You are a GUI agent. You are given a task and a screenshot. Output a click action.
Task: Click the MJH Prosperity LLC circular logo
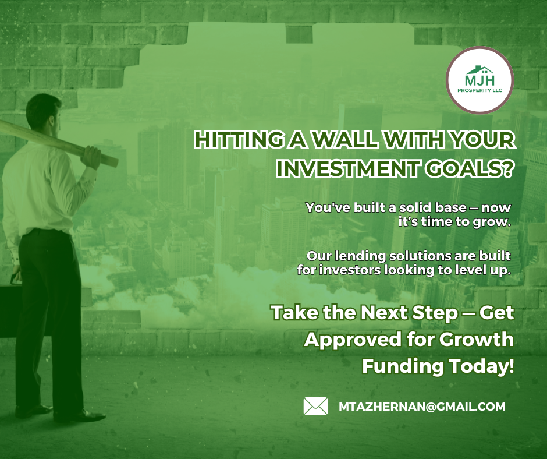coord(479,80)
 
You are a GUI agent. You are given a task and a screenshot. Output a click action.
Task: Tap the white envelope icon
coord(315,406)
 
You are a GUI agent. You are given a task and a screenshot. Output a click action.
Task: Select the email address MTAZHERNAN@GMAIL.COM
coord(422,407)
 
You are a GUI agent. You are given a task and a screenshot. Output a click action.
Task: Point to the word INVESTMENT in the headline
coord(347,169)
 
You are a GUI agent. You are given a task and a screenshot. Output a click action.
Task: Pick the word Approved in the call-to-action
coord(353,340)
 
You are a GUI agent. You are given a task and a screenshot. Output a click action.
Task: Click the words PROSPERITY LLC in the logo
coord(479,90)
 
